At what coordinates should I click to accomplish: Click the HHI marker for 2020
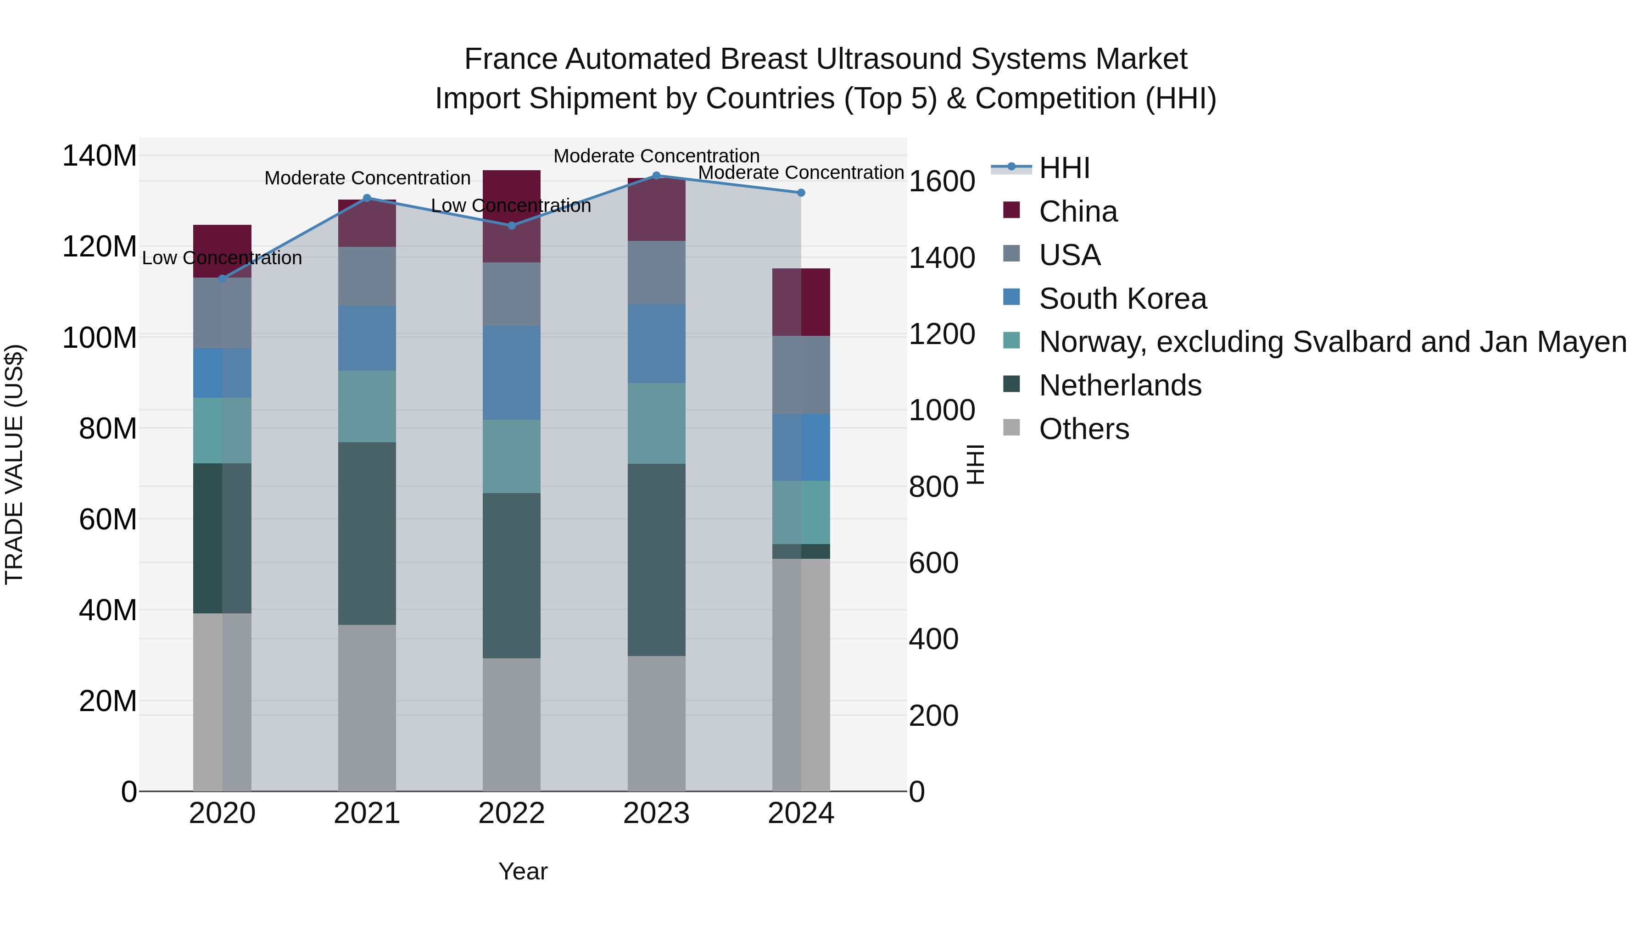(223, 279)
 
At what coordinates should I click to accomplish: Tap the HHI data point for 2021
(367, 198)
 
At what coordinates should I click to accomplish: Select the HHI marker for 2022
(512, 226)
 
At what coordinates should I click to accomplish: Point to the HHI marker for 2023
(656, 176)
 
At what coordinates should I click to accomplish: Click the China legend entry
(1077, 211)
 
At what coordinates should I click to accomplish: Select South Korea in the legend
(1122, 299)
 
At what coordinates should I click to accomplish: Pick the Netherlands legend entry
(1120, 385)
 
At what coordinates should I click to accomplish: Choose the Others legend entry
(1084, 429)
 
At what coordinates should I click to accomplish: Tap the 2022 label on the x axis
(512, 813)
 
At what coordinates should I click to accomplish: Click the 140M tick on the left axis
(100, 156)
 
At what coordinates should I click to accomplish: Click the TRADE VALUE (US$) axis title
(14, 464)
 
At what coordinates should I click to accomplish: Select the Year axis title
(523, 871)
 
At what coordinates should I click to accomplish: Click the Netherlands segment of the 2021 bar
(367, 534)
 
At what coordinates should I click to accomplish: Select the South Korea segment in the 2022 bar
(512, 373)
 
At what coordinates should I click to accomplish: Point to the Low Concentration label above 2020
(222, 258)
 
